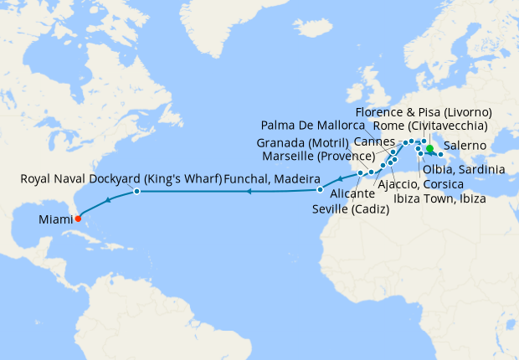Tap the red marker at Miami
point(78,219)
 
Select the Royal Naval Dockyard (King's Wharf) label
point(121,178)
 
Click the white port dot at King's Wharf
point(136,193)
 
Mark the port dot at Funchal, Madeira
point(320,178)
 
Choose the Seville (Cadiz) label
point(351,209)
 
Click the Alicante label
point(335,193)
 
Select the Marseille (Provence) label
point(317,156)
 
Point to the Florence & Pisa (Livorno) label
point(423,111)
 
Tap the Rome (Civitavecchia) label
point(429,126)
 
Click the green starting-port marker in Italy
point(429,152)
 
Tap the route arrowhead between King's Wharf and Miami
point(109,199)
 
